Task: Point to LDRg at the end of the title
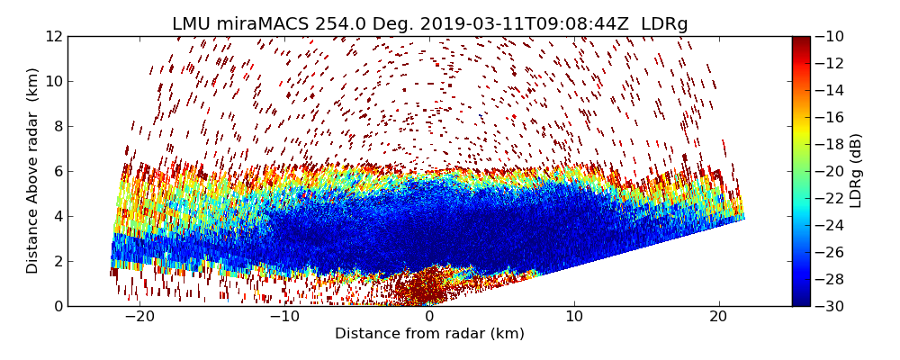coord(664,24)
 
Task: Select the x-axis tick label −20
coord(139,317)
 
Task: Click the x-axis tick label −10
coord(284,317)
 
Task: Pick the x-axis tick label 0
coord(429,317)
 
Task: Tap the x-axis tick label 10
coord(574,317)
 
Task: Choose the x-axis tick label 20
coord(719,317)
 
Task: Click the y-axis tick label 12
coord(53,36)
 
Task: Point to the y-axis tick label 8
coord(57,126)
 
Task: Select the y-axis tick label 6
coord(57,171)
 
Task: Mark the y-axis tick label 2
coord(57,261)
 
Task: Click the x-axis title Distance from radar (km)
coord(429,334)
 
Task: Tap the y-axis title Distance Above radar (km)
coord(33,171)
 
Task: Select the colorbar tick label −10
coord(831,36)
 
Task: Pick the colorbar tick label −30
coord(831,306)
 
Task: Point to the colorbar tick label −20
coord(831,171)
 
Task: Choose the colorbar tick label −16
coord(831,117)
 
